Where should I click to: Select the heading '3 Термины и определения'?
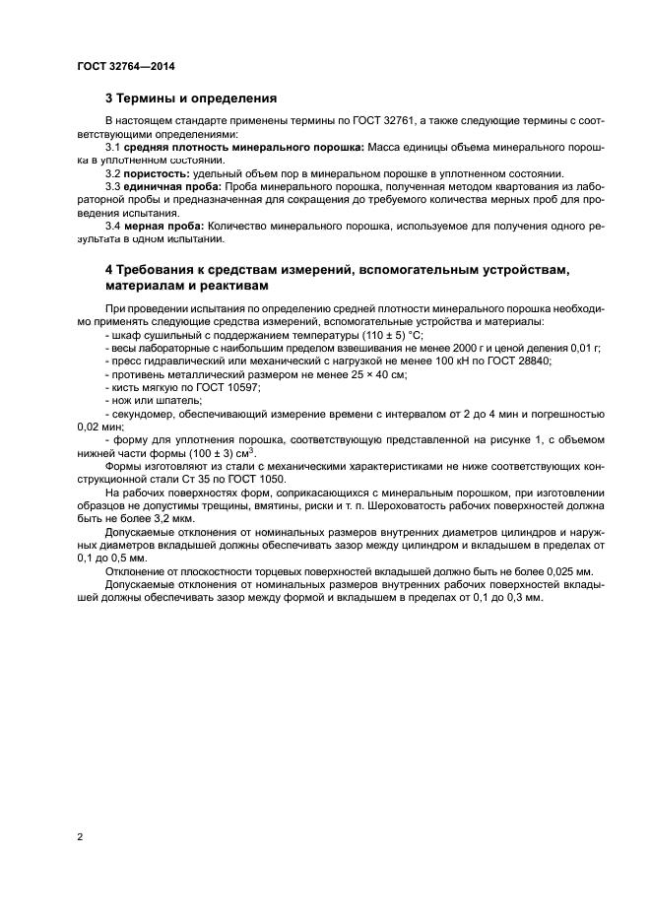pos(190,99)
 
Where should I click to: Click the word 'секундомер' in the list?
pos(143,414)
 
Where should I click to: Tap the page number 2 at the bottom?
pos(79,836)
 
